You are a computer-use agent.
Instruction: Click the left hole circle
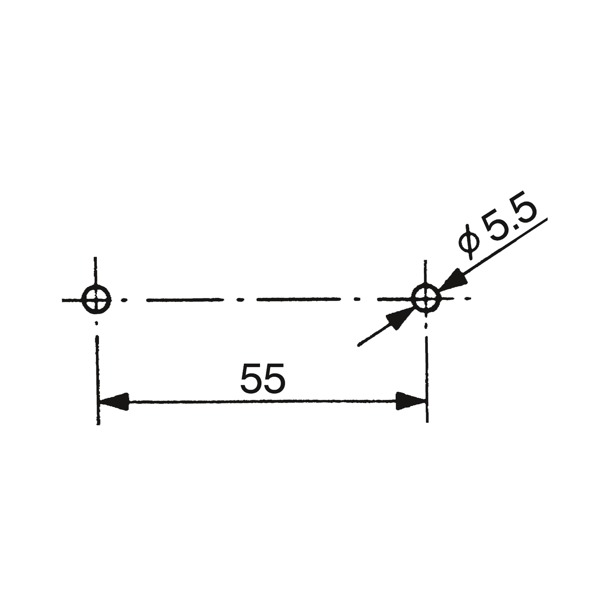[96, 286]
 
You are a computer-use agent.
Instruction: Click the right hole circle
[425, 285]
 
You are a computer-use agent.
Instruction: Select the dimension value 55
[263, 378]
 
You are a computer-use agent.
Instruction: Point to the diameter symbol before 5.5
[469, 242]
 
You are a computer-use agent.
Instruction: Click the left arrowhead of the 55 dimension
[114, 402]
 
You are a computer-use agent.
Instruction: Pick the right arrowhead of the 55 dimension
[411, 401]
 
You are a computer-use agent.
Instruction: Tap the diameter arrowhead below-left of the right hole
[399, 319]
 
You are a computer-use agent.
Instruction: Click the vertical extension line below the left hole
[97, 380]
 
